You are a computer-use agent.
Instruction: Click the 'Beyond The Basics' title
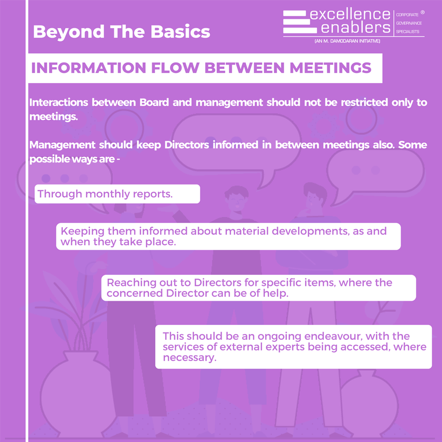click(x=122, y=31)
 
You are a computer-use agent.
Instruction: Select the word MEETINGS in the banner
click(x=330, y=68)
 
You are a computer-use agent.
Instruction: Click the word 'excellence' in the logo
click(x=350, y=15)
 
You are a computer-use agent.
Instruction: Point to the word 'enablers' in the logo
click(x=356, y=27)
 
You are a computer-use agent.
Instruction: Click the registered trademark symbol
click(x=423, y=12)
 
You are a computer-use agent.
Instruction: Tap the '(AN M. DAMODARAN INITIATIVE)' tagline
click(x=347, y=41)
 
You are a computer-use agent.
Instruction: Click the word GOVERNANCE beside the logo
click(x=409, y=23)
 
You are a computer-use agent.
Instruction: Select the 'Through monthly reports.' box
click(x=117, y=194)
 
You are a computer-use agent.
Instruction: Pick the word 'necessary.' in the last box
click(x=190, y=358)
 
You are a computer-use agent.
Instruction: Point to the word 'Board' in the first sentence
click(x=154, y=103)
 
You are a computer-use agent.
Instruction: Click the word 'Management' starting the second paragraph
click(x=62, y=145)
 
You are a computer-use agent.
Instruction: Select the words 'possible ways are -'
click(x=75, y=159)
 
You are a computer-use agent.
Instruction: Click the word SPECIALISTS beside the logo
click(x=408, y=31)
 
